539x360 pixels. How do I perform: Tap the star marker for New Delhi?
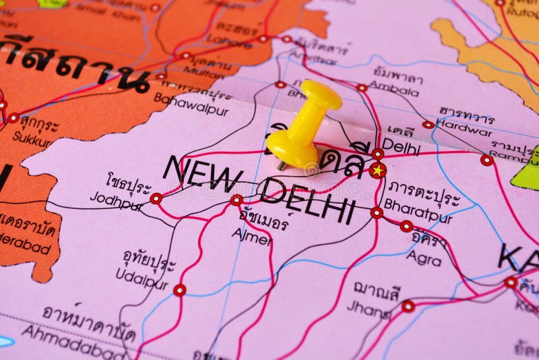(378, 170)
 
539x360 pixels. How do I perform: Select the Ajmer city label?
(251, 236)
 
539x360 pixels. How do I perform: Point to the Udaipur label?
(141, 278)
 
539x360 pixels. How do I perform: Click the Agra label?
(424, 258)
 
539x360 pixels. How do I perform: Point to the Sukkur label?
(32, 141)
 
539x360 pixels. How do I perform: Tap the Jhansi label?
(369, 310)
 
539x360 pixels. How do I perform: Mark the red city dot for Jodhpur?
(156, 198)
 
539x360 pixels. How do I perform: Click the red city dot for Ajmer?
(236, 200)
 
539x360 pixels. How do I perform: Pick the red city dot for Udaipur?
(179, 290)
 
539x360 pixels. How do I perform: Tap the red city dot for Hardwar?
(429, 125)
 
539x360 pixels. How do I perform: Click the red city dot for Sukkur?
(13, 118)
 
